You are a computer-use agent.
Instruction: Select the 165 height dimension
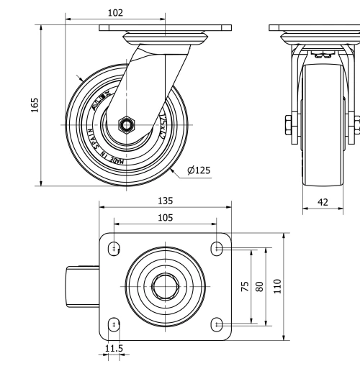click(35, 105)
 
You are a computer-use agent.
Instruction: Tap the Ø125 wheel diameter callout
click(199, 170)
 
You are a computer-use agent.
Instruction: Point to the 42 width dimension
click(323, 203)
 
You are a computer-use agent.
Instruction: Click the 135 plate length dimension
click(165, 201)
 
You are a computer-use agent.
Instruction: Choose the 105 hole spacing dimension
click(165, 218)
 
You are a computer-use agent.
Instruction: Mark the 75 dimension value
click(244, 285)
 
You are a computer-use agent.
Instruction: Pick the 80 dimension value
click(259, 285)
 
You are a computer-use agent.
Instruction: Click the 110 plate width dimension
click(276, 285)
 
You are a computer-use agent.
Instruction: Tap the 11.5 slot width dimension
click(113, 348)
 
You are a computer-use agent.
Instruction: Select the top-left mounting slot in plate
click(114, 248)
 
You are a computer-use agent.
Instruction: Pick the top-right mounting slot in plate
click(217, 248)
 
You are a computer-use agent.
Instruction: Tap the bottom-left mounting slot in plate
click(114, 325)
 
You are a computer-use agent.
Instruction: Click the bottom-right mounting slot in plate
click(217, 325)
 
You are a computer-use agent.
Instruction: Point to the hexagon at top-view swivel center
click(165, 286)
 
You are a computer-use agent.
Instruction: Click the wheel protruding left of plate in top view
click(82, 286)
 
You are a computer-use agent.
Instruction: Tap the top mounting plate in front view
click(315, 28)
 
